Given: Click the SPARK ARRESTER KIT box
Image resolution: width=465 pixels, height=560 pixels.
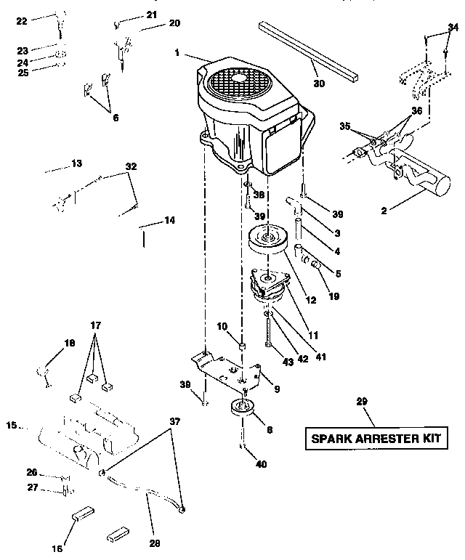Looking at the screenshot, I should coord(381,439).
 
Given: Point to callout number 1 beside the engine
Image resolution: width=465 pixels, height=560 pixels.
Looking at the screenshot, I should coord(178,52).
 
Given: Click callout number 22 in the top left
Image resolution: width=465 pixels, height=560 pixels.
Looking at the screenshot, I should coord(21,21).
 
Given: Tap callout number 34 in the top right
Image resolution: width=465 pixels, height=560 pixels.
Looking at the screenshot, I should coord(453,27).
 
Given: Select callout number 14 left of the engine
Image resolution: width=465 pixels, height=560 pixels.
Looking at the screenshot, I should coord(169,220).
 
